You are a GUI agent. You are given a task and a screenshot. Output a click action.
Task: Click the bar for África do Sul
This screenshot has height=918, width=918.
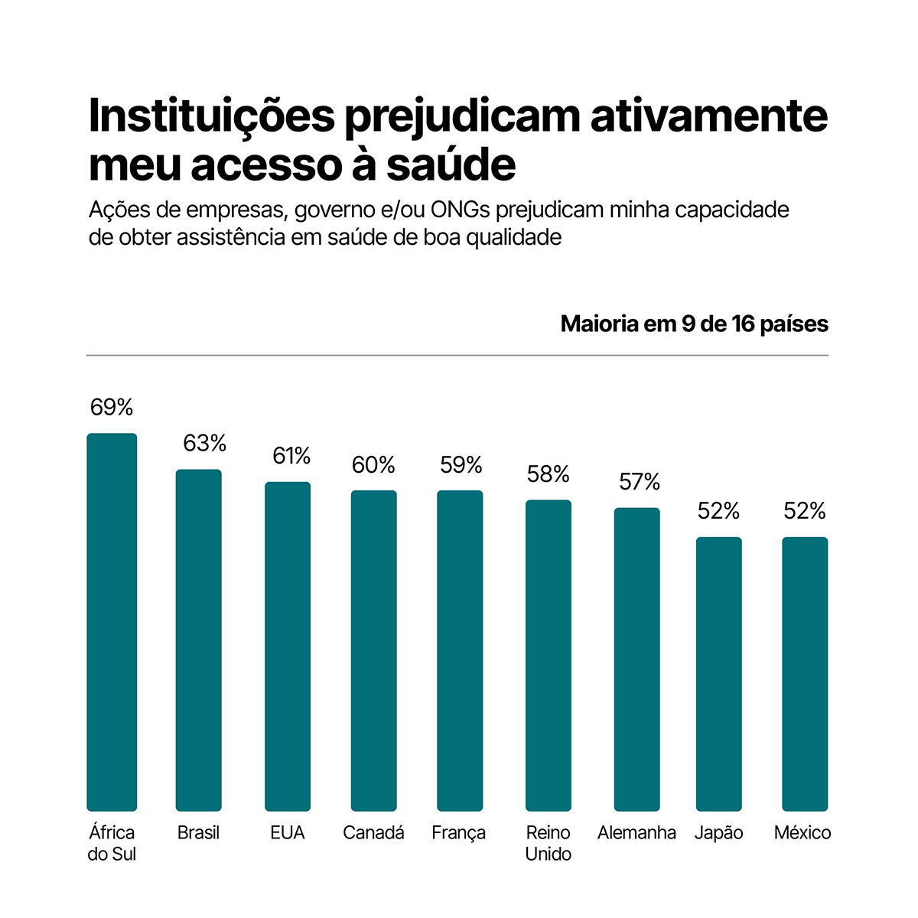coord(112,622)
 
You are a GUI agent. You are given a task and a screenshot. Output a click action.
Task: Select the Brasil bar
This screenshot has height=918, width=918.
coord(199,640)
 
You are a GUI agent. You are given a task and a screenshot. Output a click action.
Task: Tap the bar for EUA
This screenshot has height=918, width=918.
coord(288,646)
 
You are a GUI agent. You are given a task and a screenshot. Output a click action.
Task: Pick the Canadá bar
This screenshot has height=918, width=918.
coord(374,650)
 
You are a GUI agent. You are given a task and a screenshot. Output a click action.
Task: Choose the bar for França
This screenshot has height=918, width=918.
coord(460,650)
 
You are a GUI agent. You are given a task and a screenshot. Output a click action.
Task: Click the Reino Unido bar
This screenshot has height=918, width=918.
coord(549,655)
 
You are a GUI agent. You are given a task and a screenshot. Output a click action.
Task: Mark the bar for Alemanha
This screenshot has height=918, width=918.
coord(637,659)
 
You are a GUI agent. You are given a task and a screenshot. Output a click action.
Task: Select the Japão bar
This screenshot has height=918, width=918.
coord(718,673)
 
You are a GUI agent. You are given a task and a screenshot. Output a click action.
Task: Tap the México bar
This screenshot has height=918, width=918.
coord(805,673)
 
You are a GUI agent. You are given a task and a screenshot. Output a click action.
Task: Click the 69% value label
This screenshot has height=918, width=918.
coord(112,408)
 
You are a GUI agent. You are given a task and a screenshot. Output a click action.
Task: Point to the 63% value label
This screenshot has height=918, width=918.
coord(204,443)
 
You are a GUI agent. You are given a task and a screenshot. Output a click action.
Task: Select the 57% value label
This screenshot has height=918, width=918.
coord(640,482)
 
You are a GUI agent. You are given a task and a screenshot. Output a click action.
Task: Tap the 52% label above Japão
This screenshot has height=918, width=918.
coord(718,511)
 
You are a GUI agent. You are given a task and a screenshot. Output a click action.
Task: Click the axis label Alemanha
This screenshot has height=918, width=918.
coord(636,832)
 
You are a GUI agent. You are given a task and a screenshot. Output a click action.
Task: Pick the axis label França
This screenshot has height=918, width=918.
coord(459,833)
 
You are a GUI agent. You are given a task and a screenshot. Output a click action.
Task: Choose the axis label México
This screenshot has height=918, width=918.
coord(802,832)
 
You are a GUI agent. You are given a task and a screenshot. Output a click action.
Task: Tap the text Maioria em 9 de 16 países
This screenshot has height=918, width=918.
coord(694,324)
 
